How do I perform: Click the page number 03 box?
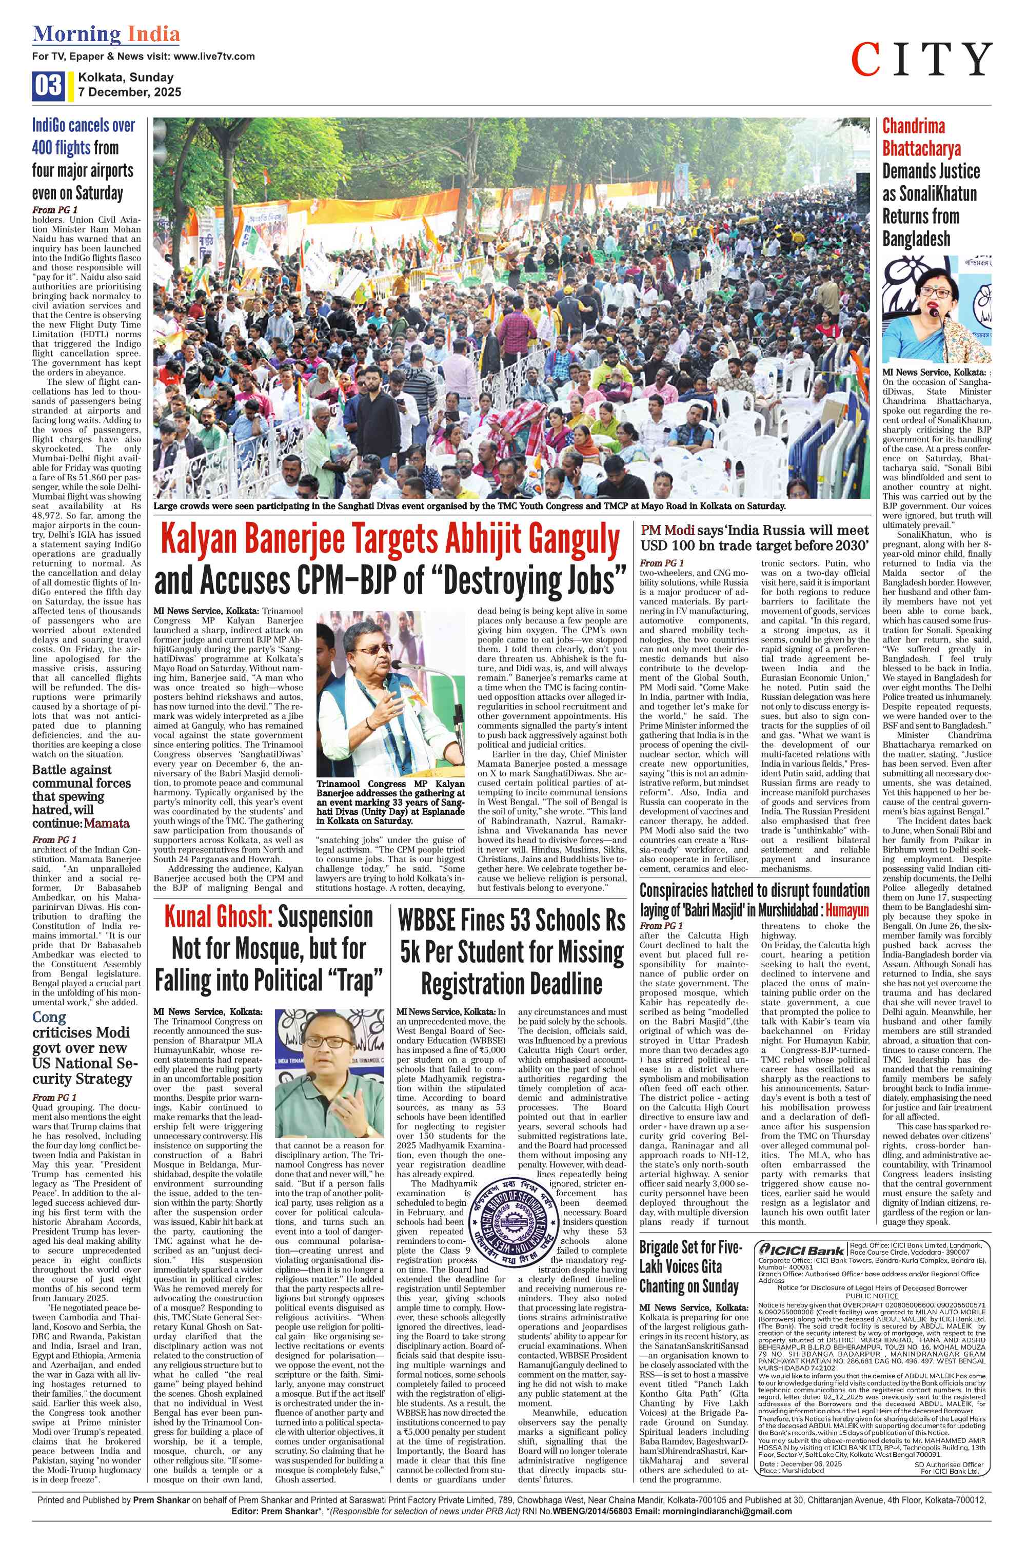(x=48, y=86)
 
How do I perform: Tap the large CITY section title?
(x=921, y=60)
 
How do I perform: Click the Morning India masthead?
(x=106, y=34)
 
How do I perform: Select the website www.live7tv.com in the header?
(x=215, y=56)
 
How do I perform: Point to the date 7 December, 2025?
(x=130, y=92)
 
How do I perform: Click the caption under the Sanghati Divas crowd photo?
(x=469, y=506)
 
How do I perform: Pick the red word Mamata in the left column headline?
(x=106, y=824)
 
